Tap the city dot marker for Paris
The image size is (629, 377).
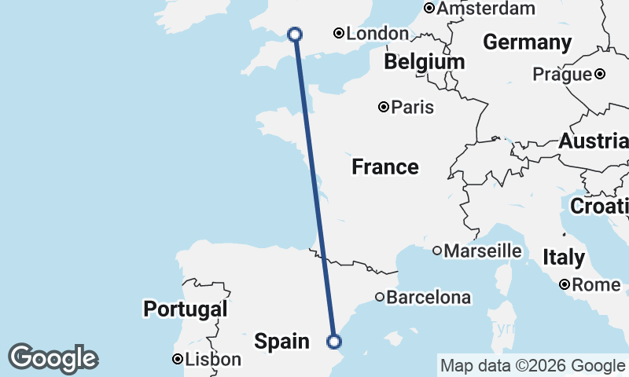click(384, 107)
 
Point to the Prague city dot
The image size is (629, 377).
click(600, 74)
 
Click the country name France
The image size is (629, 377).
click(384, 167)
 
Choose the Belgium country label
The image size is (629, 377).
click(425, 61)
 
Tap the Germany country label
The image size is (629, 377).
click(527, 42)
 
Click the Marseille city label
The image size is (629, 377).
click(483, 251)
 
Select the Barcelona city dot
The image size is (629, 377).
click(380, 298)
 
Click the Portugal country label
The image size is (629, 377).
click(185, 309)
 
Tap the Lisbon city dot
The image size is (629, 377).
click(178, 360)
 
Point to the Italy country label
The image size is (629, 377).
click(564, 257)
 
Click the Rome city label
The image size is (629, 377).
click(596, 285)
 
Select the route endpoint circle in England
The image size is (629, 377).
click(295, 34)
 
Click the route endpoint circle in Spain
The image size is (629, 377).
click(334, 342)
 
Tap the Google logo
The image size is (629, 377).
click(53, 358)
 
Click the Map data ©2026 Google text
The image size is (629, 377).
click(532, 365)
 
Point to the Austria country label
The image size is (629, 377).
click(594, 142)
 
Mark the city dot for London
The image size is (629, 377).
click(338, 33)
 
